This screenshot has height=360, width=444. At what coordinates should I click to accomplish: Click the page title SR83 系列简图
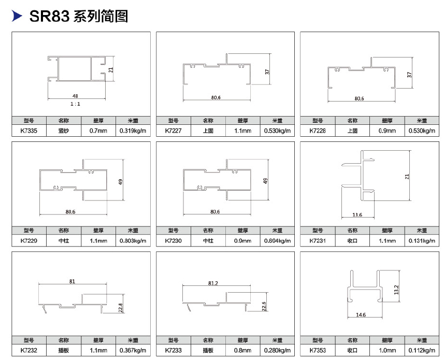click(79, 16)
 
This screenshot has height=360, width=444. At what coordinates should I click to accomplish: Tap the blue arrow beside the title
click(17, 16)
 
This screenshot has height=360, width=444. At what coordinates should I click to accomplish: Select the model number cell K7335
click(29, 131)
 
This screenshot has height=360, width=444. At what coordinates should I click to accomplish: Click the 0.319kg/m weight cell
click(133, 131)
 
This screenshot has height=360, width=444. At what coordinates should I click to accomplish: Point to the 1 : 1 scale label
click(75, 104)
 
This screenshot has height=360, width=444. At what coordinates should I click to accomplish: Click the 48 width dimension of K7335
click(75, 96)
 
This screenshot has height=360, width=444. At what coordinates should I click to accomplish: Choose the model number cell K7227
click(173, 131)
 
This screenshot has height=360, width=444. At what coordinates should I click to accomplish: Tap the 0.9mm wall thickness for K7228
click(387, 131)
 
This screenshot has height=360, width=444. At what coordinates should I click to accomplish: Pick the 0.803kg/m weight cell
click(133, 241)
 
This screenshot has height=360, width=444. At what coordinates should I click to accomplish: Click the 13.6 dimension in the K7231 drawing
click(357, 215)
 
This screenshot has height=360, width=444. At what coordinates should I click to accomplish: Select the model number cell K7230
click(173, 241)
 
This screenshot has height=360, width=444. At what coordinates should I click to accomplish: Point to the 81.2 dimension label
click(213, 283)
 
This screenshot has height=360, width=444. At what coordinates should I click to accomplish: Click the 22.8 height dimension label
click(121, 308)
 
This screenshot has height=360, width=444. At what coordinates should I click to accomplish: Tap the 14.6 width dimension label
click(361, 315)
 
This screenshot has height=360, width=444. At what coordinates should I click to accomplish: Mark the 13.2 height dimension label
click(396, 290)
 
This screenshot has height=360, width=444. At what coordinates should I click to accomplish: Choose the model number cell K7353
click(318, 350)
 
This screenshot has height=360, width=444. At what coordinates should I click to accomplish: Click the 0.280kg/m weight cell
click(277, 350)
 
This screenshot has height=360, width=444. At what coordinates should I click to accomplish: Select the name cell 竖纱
click(64, 131)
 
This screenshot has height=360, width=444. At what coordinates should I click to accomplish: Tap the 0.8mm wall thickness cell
click(242, 350)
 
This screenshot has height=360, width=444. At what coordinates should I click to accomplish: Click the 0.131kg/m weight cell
click(422, 241)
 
